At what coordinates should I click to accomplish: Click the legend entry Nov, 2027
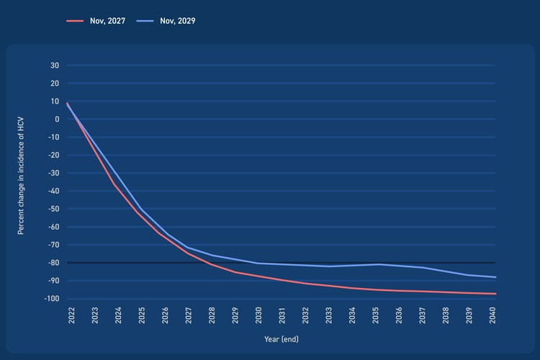tap(96, 21)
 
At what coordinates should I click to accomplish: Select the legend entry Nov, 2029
tap(166, 21)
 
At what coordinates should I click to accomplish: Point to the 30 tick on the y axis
tap(55, 66)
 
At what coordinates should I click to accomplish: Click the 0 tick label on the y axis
tap(57, 120)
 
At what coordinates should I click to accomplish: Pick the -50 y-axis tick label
tap(53, 209)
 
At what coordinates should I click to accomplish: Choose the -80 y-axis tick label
tap(53, 263)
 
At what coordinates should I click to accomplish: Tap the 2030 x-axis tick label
tap(259, 315)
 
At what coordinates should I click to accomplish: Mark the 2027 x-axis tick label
tap(188, 315)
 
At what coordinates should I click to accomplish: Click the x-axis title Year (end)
tap(282, 338)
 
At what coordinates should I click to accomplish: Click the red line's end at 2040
tap(495, 294)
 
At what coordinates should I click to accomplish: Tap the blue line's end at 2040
tap(495, 277)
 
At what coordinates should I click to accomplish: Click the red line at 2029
tap(235, 272)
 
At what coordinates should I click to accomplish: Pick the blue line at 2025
tap(140, 209)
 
